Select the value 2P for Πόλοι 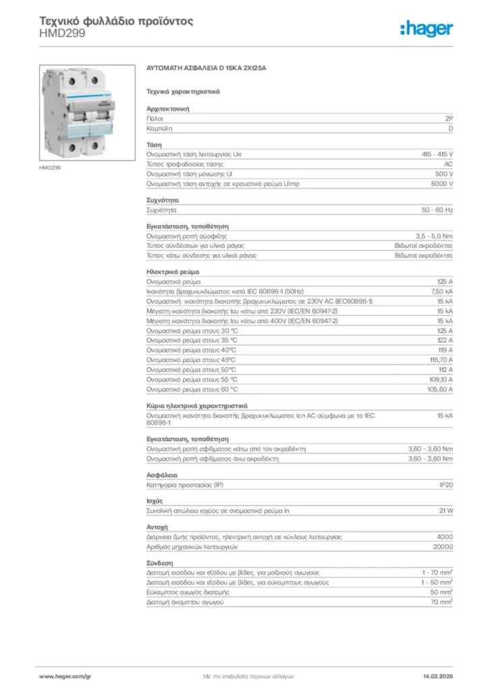click(449, 118)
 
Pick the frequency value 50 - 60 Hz click(437, 210)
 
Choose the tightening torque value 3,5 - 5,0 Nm click(434, 237)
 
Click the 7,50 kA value click(441, 291)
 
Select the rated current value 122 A click(445, 340)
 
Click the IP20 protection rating click(446, 484)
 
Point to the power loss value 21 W click(446, 511)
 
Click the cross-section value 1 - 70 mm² click(437, 572)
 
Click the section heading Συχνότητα click(162, 200)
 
